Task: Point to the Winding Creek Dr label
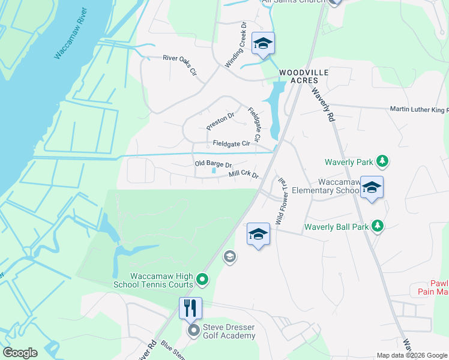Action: tap(236, 45)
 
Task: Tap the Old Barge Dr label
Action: tap(213, 164)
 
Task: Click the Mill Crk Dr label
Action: tap(243, 175)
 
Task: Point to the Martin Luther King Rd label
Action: tap(419, 109)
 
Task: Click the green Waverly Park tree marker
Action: tap(382, 161)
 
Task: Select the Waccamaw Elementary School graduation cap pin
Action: tap(372, 187)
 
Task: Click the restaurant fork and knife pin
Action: tap(190, 308)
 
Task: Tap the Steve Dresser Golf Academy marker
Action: tap(193, 331)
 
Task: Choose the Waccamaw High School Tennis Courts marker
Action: tap(202, 279)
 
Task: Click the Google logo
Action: tap(20, 353)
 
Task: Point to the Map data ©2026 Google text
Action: tap(412, 355)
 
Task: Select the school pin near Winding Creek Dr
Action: tap(263, 44)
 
